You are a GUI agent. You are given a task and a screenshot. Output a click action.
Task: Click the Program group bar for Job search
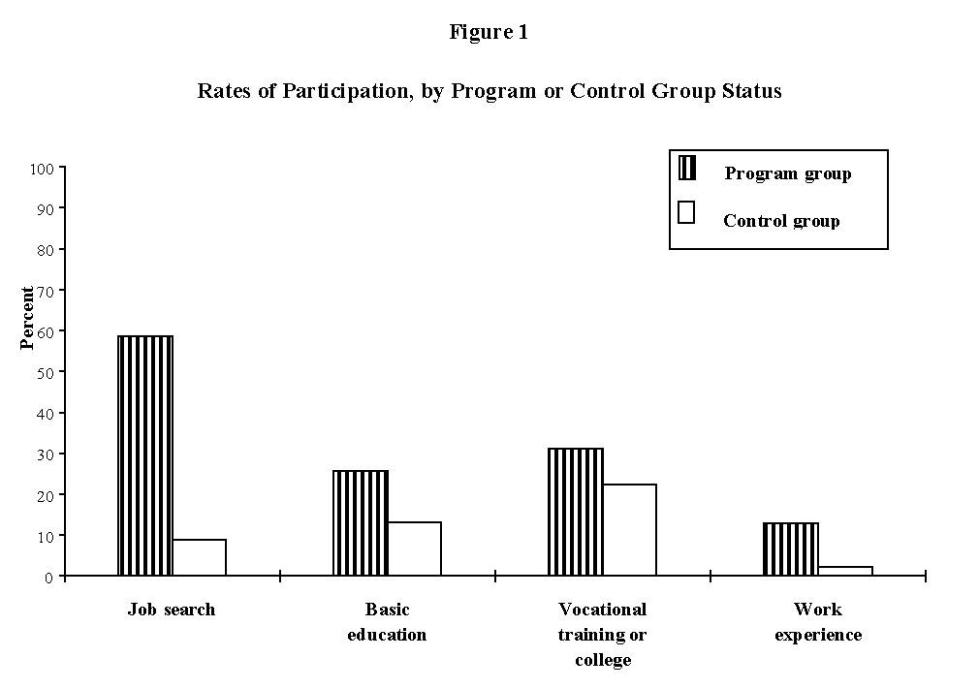[145, 455]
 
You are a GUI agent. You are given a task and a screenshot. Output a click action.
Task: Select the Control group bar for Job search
[200, 557]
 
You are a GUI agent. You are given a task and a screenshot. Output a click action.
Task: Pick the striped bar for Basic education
[361, 523]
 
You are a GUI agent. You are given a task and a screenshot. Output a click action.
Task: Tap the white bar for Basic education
[415, 548]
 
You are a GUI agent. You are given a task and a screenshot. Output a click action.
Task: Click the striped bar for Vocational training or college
[576, 512]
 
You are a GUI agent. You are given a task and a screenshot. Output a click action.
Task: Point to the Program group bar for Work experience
[791, 549]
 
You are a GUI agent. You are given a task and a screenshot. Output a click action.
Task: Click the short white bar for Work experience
[845, 571]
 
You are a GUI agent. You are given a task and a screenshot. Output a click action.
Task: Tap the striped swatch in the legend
[687, 168]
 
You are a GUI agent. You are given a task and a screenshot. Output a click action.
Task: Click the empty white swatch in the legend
[687, 212]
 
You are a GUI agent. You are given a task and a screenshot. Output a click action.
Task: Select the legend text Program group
[787, 174]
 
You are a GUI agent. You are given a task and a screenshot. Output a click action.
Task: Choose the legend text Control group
[781, 221]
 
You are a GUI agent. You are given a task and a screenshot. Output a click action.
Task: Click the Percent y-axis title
[28, 317]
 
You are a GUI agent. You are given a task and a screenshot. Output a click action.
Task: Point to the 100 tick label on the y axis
[42, 168]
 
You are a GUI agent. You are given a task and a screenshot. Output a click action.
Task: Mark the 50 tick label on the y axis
[46, 372]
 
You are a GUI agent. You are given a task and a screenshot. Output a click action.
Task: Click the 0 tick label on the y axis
[49, 577]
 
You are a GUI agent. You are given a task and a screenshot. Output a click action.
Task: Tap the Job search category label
[172, 610]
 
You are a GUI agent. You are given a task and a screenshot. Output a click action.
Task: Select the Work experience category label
[818, 622]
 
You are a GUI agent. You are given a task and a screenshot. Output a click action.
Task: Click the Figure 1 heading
[489, 32]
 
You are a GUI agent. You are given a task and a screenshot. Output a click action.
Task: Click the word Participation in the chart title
[353, 91]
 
